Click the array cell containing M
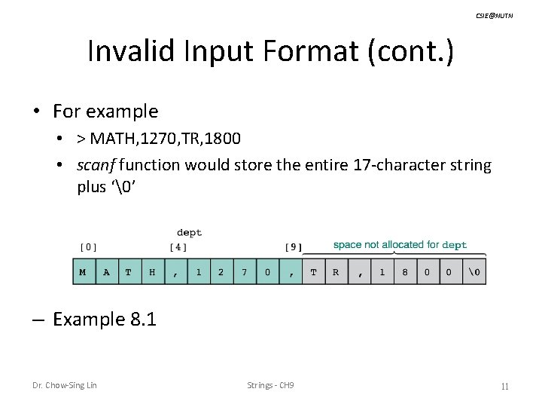(83, 272)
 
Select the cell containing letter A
(106, 272)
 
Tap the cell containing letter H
(152, 272)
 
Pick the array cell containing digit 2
(221, 272)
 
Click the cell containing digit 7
(244, 272)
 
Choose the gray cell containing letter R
(336, 272)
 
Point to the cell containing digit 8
(404, 272)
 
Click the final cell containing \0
(473, 272)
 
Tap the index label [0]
(88, 246)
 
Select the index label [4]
(178, 246)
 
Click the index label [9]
(294, 246)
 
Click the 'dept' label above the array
(189, 233)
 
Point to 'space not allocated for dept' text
(400, 244)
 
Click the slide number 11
(505, 387)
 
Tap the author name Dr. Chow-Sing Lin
(64, 386)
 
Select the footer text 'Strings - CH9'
(270, 386)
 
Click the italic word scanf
(97, 164)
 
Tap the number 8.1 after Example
(142, 320)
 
